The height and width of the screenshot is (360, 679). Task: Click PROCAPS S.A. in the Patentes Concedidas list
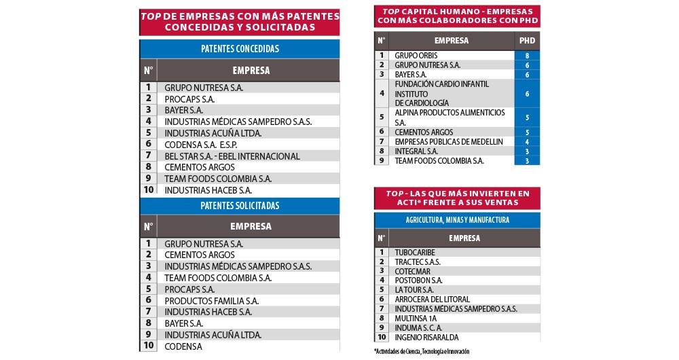tap(189, 98)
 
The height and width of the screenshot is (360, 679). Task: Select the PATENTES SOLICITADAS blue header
tap(240, 205)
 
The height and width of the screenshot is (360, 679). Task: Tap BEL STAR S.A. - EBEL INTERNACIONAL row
tap(232, 156)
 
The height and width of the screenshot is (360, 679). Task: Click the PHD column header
tap(527, 40)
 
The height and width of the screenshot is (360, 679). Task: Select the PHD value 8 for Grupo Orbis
tap(527, 55)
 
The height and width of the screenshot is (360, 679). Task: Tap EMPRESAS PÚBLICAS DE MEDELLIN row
tap(449, 141)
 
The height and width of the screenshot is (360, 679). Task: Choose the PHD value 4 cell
tap(527, 141)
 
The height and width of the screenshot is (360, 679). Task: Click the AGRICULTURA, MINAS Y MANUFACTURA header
tap(457, 220)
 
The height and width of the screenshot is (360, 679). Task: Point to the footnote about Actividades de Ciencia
tap(421, 351)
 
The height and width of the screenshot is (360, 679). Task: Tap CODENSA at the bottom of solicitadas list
tap(183, 346)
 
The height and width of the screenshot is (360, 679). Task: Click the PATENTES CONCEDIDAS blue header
tap(240, 49)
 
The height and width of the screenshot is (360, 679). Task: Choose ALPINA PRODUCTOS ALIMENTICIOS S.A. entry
tap(449, 117)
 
